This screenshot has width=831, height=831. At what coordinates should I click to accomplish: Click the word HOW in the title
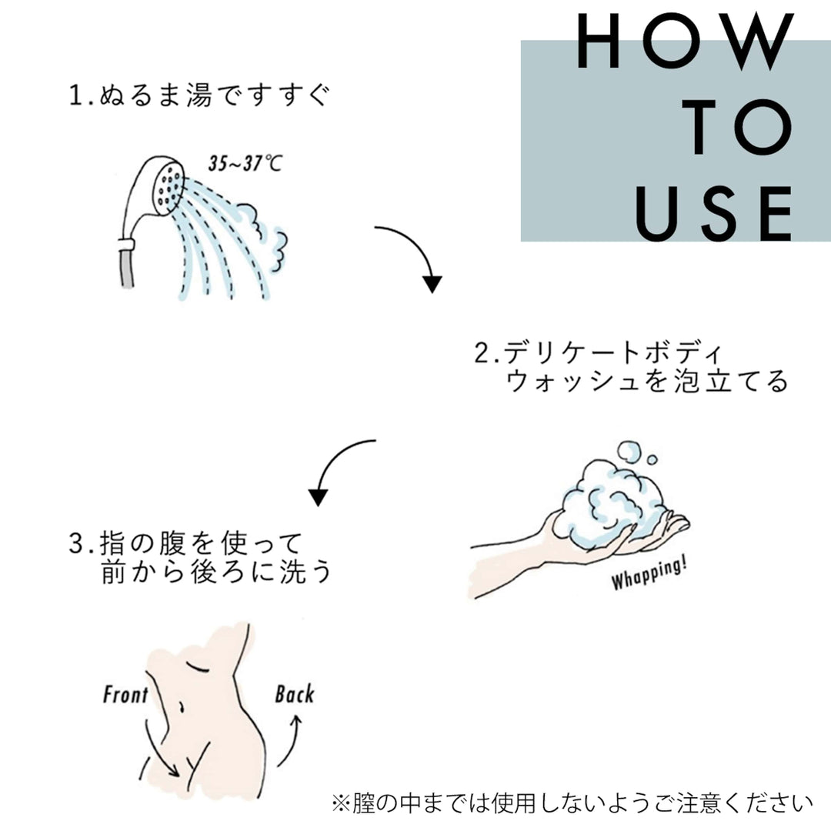point(686,42)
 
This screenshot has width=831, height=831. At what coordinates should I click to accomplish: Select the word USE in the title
point(713,213)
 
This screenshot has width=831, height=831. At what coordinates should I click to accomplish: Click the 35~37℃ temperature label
point(245,163)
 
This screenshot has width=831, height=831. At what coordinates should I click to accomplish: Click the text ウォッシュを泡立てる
point(647,381)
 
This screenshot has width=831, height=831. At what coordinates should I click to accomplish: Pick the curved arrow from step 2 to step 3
point(335,466)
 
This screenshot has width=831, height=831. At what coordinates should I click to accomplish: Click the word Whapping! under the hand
point(649,573)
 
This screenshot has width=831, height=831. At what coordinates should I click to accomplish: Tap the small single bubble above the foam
point(652,459)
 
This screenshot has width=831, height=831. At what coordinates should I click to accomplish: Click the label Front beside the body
point(125,694)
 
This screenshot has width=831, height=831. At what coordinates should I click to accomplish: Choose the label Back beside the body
point(295,694)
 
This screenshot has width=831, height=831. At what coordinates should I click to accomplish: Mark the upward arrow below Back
point(290,741)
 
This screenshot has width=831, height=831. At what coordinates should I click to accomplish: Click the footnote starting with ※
point(572,803)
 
